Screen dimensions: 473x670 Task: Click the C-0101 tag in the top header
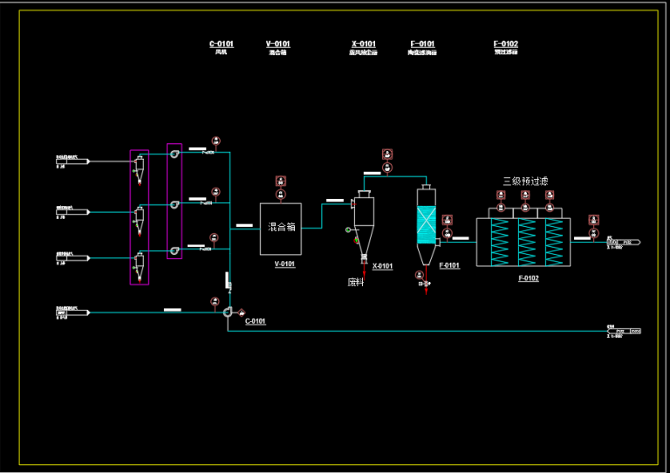tap(221, 45)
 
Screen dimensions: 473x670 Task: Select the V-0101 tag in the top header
tap(277, 45)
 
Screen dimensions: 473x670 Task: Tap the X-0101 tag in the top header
tap(363, 45)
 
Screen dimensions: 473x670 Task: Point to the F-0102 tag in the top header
tap(505, 45)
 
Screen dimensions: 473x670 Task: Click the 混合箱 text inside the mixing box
tap(281, 227)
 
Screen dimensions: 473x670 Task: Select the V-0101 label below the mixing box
tap(284, 264)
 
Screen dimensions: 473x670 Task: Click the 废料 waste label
tap(355, 282)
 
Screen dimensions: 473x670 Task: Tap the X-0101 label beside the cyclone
tap(382, 266)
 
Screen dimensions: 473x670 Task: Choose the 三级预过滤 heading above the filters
tap(525, 182)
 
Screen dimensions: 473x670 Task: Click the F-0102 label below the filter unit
tap(528, 278)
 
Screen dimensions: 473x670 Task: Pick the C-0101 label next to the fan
tap(255, 321)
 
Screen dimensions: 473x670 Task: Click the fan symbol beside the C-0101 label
tap(229, 312)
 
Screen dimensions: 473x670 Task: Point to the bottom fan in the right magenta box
tap(174, 251)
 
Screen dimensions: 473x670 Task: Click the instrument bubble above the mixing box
tap(281, 181)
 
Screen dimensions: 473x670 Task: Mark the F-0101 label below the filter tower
tap(449, 265)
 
